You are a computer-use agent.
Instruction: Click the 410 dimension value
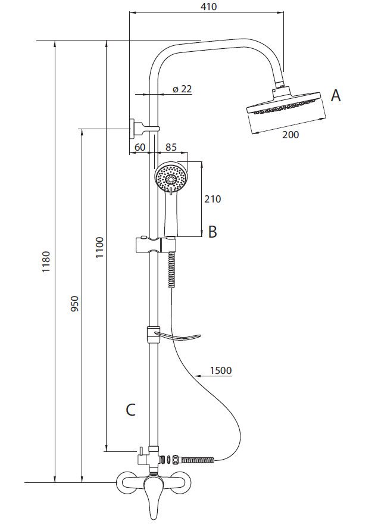point(209,7)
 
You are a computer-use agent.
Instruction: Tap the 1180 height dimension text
point(46,262)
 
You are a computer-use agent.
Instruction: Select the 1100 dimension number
point(100,247)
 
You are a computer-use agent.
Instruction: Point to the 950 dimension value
point(74,303)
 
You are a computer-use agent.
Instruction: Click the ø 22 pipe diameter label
point(182,89)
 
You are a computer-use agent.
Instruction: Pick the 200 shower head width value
point(290,135)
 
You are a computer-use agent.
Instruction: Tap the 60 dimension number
point(140,147)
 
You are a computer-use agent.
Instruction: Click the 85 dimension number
point(171,147)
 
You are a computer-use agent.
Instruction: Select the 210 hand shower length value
point(213,199)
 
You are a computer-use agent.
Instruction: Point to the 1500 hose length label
point(221,370)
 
